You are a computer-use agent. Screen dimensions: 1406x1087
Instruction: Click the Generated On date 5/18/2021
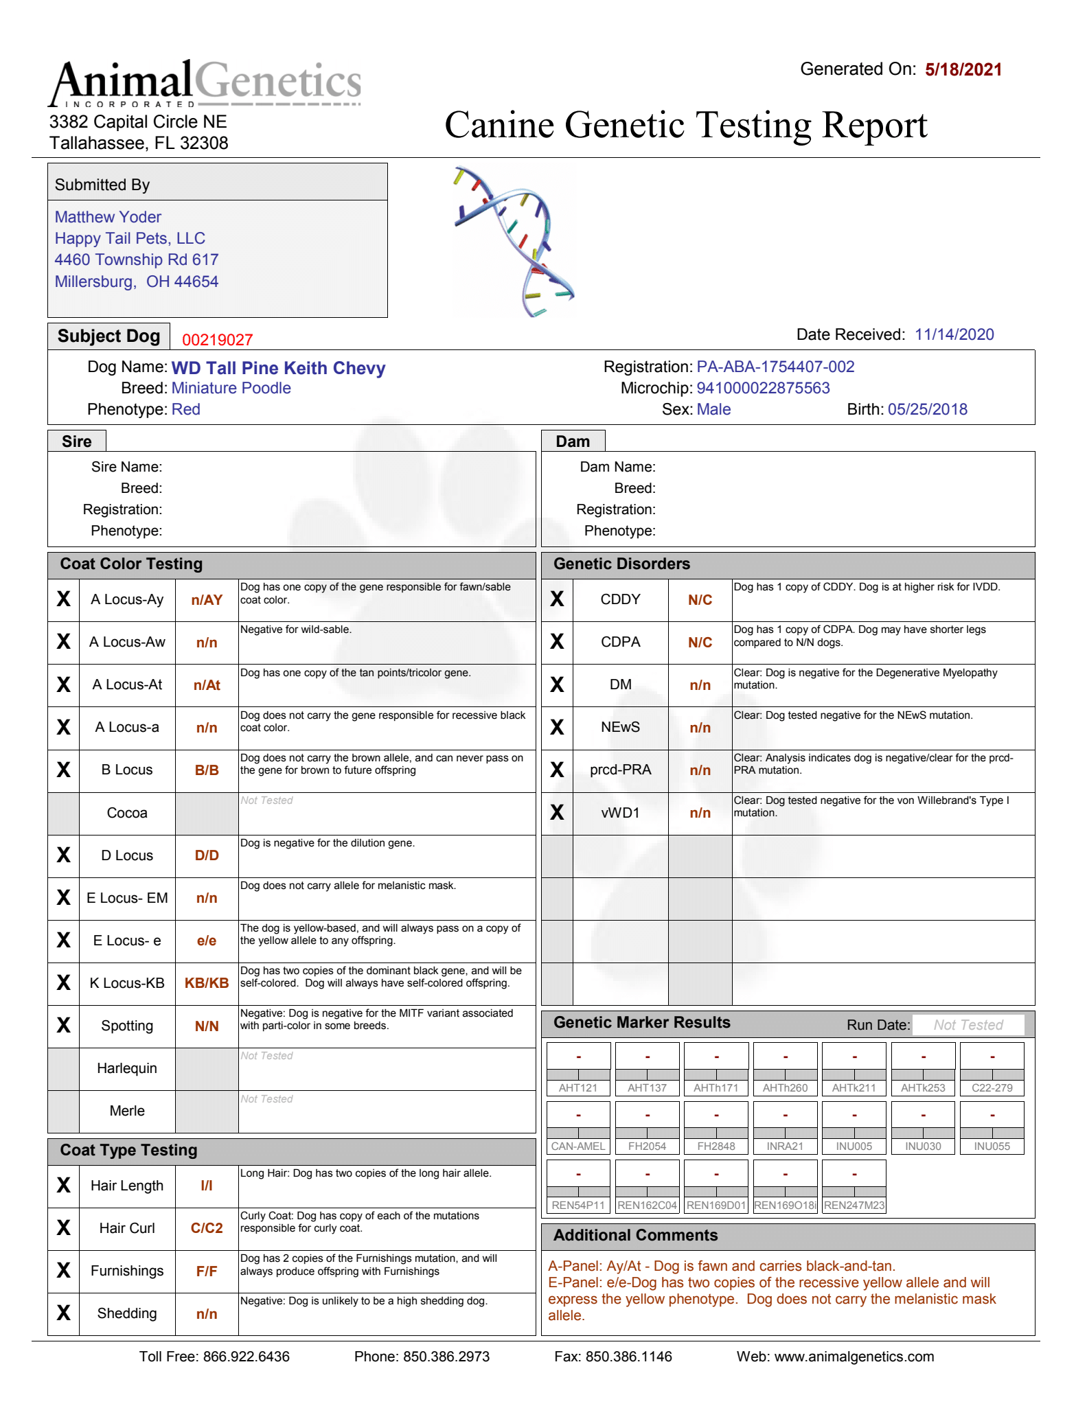(x=963, y=69)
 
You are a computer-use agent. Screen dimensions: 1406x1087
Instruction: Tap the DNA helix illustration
(x=515, y=241)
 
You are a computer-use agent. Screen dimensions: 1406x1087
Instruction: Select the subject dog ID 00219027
(x=217, y=340)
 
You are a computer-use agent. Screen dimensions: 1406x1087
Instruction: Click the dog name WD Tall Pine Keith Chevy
(x=278, y=368)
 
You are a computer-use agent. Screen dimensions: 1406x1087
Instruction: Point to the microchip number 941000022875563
(x=763, y=388)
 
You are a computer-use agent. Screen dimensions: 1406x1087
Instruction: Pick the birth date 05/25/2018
(x=927, y=409)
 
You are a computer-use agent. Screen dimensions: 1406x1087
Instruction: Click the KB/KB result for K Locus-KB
(x=207, y=983)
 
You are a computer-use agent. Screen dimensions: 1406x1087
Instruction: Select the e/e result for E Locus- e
(x=207, y=941)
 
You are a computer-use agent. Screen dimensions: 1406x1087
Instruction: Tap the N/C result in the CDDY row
(x=700, y=600)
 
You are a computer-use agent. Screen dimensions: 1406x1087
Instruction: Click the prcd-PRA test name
(x=620, y=770)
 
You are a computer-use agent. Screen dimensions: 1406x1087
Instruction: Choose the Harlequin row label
(x=127, y=1068)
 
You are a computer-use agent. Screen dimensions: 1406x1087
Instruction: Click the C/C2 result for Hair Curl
(x=207, y=1228)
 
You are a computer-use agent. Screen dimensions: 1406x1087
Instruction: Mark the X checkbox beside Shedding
(x=63, y=1313)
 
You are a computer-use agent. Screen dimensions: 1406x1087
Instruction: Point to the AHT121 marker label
(x=578, y=1088)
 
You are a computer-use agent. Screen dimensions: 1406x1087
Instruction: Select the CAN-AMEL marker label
(x=578, y=1146)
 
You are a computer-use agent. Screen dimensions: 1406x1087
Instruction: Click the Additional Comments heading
(x=635, y=1235)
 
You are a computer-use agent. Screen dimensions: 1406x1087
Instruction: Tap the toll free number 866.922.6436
(x=247, y=1357)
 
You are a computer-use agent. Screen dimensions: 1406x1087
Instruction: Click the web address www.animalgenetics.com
(x=854, y=1357)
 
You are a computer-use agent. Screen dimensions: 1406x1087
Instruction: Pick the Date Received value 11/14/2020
(x=954, y=334)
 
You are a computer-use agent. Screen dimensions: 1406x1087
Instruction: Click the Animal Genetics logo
(x=205, y=83)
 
